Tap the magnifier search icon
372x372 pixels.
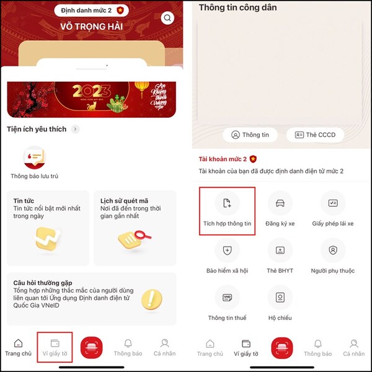(167, 18)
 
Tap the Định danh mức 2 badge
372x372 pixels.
(92, 10)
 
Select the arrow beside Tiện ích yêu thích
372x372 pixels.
(76, 129)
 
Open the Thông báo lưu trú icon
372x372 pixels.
(34, 156)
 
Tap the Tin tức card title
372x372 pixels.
(26, 200)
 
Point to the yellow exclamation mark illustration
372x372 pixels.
(151, 299)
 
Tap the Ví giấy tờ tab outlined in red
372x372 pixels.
(55, 347)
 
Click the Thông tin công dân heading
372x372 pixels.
(237, 7)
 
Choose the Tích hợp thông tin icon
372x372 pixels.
(227, 203)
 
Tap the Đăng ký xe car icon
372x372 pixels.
(280, 203)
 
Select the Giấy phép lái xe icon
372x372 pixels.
(332, 203)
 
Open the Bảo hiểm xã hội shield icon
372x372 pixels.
(227, 250)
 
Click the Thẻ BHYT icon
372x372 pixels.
(280, 250)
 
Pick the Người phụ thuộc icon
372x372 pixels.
(332, 250)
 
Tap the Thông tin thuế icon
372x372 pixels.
(227, 298)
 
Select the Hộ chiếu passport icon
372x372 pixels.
(280, 298)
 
